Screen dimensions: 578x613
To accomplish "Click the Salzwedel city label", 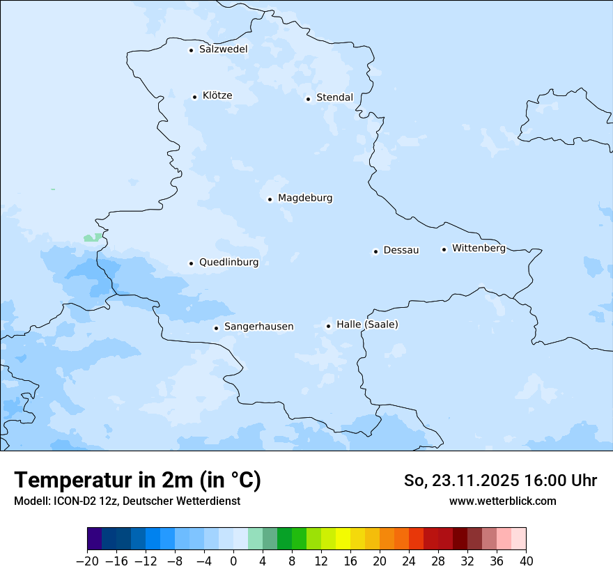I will point(223,49).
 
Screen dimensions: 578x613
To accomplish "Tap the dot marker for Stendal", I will point(308,99).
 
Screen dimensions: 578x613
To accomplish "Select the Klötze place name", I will point(217,96).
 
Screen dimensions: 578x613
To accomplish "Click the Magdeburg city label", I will point(305,198).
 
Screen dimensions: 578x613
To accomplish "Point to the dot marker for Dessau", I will point(375,251).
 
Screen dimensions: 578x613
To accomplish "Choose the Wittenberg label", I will point(479,249).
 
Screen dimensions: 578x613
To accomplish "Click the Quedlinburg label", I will point(228,263).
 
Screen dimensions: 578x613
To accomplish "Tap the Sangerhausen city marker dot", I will point(217,328).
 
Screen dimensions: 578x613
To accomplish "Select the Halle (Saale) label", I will point(367,325).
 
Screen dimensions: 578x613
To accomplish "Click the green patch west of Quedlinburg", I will point(91,238).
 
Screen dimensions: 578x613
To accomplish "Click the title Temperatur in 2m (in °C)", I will point(137,481).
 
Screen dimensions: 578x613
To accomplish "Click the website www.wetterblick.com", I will point(502,501).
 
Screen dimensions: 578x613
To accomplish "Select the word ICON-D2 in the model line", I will point(75,501).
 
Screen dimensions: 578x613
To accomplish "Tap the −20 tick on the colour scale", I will point(87,561).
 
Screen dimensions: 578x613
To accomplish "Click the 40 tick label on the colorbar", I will point(526,561).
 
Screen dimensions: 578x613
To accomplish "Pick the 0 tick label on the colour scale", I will point(233,561).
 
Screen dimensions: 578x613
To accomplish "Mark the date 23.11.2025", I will point(476,481).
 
